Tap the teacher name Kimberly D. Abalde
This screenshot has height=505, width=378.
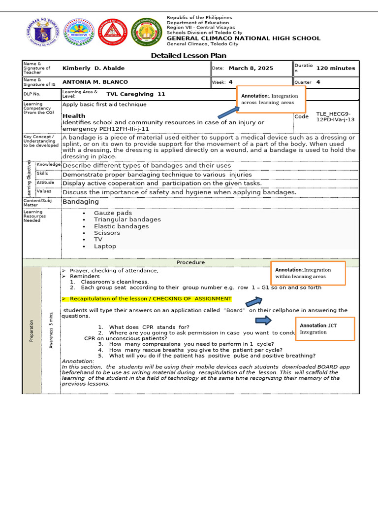94,68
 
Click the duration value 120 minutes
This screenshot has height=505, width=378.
335,68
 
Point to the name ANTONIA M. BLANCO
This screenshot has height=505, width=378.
95,82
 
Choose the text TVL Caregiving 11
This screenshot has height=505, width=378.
136,94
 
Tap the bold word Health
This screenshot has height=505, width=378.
74,116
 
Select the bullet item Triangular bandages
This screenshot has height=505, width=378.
127,219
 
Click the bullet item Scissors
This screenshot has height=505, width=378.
107,233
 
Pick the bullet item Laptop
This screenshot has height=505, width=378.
105,246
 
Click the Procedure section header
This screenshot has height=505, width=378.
190,262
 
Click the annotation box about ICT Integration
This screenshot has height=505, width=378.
325,329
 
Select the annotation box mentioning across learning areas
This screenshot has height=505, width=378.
271,99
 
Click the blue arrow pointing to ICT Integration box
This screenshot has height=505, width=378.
264,321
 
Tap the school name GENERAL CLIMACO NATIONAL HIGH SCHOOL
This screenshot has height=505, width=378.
243,38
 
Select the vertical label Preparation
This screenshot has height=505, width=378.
31,330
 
